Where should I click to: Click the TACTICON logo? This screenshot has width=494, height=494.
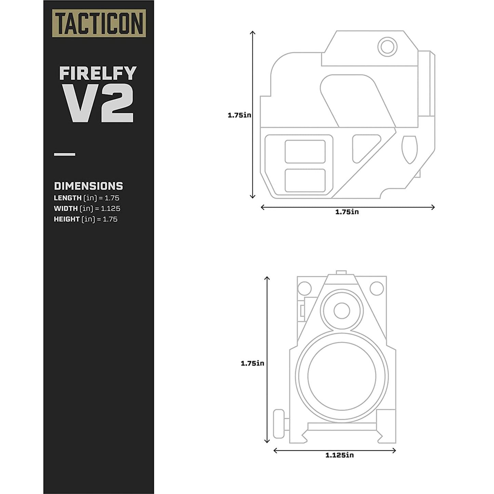[99, 23]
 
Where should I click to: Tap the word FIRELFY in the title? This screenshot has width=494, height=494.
[98, 73]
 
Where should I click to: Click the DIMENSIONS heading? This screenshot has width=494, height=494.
[89, 186]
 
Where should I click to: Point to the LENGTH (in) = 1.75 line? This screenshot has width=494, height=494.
[86, 198]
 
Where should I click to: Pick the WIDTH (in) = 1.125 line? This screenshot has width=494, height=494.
[87, 209]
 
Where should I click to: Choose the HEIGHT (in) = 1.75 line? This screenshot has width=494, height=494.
[85, 219]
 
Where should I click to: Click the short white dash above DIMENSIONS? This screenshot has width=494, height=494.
[65, 155]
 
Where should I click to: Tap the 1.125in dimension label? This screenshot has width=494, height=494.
[339, 455]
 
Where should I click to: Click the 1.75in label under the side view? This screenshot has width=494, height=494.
[347, 212]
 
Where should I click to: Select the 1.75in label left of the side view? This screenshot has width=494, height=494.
[239, 115]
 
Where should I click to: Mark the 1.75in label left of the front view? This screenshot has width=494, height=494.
[252, 363]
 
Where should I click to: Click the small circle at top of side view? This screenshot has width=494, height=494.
[387, 46]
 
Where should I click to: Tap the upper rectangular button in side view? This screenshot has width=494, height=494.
[305, 151]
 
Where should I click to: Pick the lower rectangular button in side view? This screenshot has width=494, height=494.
[305, 181]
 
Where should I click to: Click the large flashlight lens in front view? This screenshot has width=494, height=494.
[342, 376]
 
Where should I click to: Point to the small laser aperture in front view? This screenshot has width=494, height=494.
[342, 311]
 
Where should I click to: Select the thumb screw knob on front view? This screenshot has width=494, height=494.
[279, 424]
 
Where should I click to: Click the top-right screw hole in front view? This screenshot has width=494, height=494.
[377, 289]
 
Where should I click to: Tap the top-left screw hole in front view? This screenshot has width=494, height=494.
[304, 289]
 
